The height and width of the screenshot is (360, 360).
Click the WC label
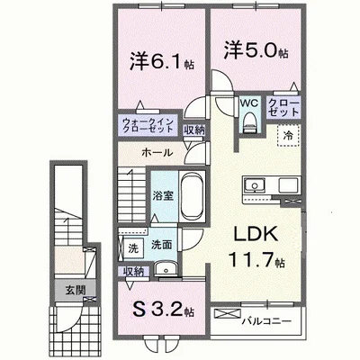(x=247, y=103)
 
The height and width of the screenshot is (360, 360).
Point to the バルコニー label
(x=278, y=317)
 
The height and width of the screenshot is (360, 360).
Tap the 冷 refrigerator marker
(x=287, y=134)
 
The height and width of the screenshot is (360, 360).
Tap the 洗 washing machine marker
(x=132, y=246)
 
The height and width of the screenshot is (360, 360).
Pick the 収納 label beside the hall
(x=193, y=130)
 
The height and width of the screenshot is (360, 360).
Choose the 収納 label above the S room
(x=132, y=270)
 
